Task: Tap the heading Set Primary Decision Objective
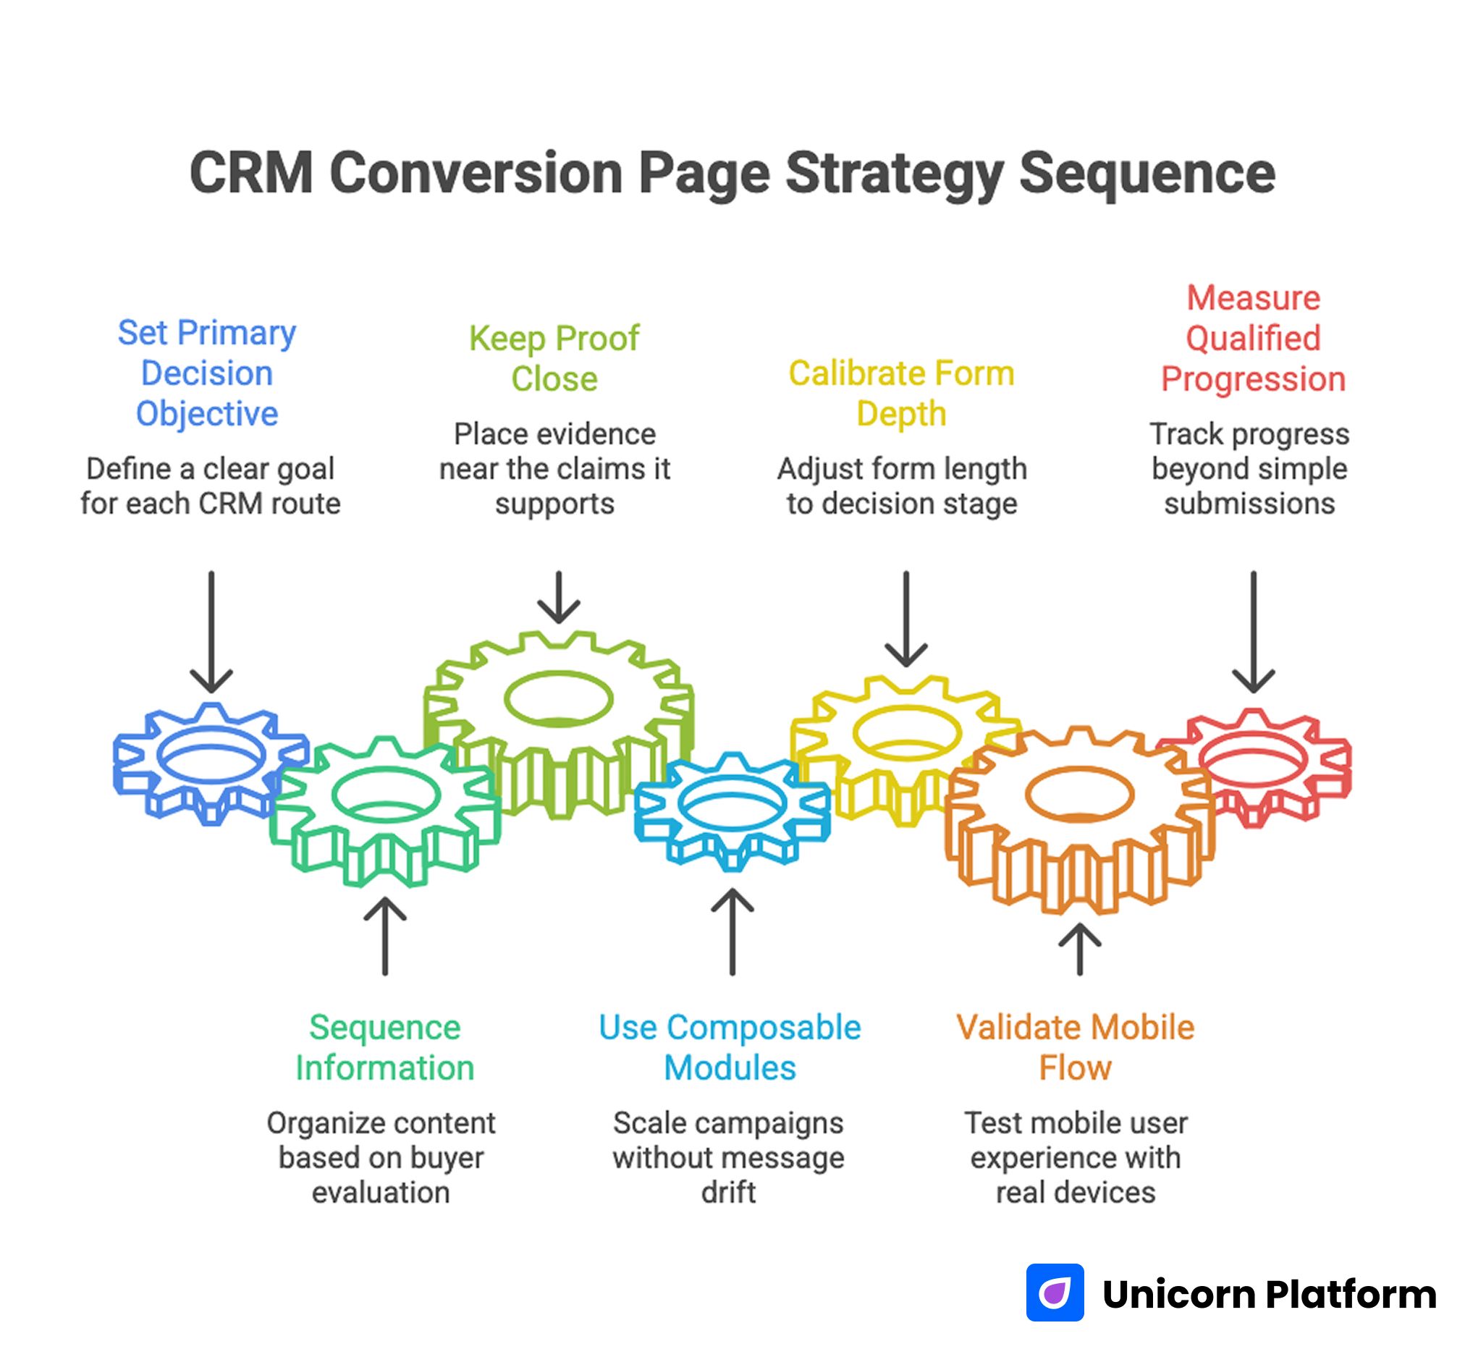point(206,373)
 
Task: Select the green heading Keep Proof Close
point(554,358)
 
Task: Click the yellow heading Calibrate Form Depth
point(901,394)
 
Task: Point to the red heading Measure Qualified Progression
point(1253,339)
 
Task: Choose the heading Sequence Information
point(384,1047)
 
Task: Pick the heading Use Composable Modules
point(729,1047)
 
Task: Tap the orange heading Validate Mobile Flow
point(1075,1047)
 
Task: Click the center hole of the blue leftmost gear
point(211,754)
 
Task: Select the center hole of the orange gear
point(1080,793)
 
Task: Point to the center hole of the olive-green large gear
point(558,698)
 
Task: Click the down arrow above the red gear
point(1254,632)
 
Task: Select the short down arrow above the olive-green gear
point(558,597)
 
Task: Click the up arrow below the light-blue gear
point(732,932)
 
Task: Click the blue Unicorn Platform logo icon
point(1055,1293)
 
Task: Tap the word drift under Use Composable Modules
point(727,1193)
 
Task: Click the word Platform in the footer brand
point(1351,1294)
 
